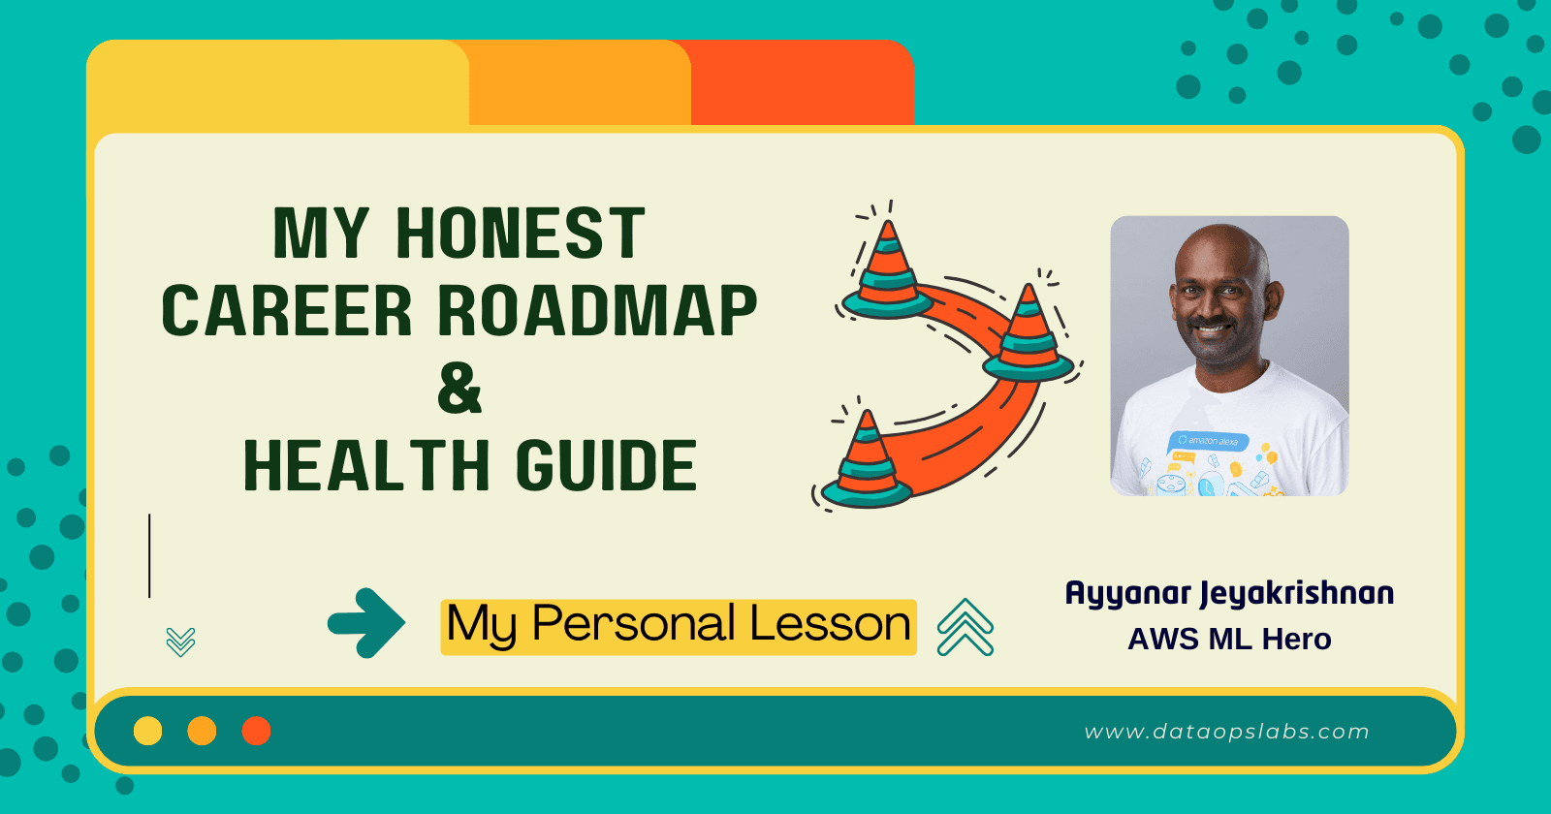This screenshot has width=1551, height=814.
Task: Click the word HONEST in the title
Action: [520, 234]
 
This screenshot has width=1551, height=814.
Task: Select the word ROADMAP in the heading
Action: [597, 311]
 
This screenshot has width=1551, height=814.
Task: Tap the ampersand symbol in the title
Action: [459, 389]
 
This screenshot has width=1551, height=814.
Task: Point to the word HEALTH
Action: [365, 466]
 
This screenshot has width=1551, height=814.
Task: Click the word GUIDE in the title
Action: [606, 466]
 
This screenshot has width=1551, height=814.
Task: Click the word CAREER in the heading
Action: [287, 311]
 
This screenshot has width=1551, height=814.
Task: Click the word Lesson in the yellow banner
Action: [830, 624]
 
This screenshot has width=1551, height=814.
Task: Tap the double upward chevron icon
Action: [965, 627]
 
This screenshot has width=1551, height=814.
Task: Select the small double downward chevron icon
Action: [181, 641]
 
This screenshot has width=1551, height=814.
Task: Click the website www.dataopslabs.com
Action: [1226, 732]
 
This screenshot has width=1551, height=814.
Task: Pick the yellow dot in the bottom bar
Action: [147, 731]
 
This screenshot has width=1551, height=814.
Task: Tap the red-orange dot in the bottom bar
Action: [256, 731]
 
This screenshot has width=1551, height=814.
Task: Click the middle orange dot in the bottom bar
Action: [202, 731]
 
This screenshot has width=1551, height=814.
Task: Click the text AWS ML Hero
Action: [1229, 640]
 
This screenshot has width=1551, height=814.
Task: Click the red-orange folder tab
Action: [803, 84]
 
